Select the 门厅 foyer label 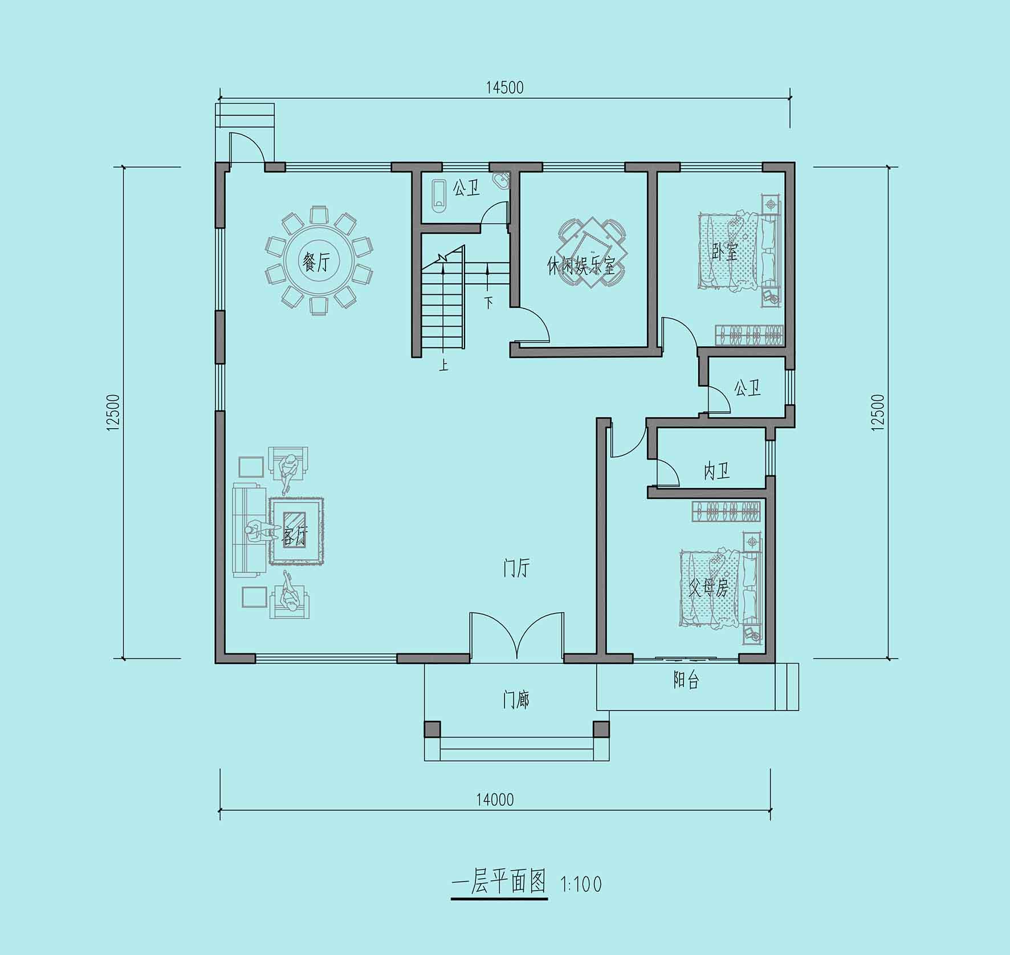tap(516, 568)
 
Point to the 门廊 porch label tap(516, 700)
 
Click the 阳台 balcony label tap(686, 680)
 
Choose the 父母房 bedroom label tap(708, 588)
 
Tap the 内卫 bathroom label tap(717, 471)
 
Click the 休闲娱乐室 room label tap(581, 266)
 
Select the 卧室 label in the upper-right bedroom tap(725, 251)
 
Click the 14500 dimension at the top tap(504, 87)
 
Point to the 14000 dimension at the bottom tap(495, 800)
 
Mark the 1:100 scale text tap(581, 884)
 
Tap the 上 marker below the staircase tap(443, 364)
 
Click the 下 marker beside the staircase tap(488, 302)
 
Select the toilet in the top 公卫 tap(438, 196)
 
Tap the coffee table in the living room tap(295, 531)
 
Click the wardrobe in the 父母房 tap(727, 511)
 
